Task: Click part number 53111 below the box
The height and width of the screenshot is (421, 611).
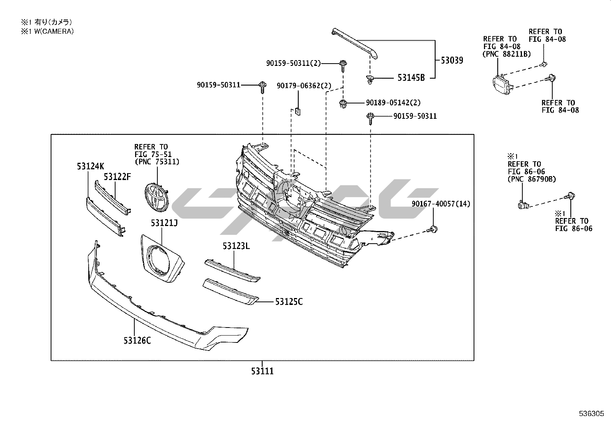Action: [x=263, y=371]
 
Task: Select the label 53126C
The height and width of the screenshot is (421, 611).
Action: [x=137, y=340]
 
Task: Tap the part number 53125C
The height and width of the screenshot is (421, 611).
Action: [x=289, y=302]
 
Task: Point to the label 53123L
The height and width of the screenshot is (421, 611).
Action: [x=236, y=246]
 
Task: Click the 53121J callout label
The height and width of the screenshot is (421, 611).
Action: [x=164, y=223]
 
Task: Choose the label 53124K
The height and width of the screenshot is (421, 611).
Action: [x=90, y=166]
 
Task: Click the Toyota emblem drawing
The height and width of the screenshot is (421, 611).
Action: [x=156, y=197]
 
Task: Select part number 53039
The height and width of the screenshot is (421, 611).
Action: [x=451, y=60]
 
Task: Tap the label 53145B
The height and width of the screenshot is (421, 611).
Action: [x=411, y=78]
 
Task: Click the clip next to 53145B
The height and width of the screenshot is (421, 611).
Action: [x=370, y=80]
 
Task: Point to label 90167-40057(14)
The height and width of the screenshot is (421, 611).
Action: [x=441, y=204]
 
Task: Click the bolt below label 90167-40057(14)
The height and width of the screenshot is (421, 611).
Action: [x=433, y=229]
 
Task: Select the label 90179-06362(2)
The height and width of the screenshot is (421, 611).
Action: [x=304, y=86]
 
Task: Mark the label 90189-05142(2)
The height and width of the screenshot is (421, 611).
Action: [x=393, y=103]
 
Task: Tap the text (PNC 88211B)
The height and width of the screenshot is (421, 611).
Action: [x=507, y=54]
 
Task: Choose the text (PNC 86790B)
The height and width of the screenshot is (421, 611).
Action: [x=532, y=179]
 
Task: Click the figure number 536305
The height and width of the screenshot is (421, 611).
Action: [x=591, y=414]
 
